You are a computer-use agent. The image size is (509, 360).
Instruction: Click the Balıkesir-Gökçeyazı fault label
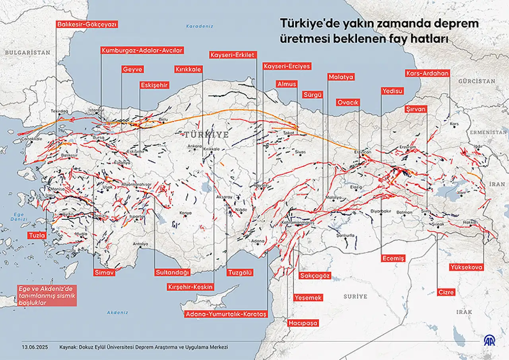(x=87, y=24)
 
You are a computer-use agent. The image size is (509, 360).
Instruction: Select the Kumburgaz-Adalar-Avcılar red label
(x=142, y=50)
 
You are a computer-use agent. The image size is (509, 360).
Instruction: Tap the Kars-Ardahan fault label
(x=427, y=73)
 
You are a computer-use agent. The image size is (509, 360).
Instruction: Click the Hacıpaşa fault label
(x=303, y=323)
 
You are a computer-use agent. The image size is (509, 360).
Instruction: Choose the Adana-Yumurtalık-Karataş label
(x=226, y=314)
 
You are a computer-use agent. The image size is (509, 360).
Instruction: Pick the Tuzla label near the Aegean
(x=37, y=235)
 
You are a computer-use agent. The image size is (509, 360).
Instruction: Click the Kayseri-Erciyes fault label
(x=286, y=66)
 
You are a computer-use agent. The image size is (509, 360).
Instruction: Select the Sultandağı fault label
(x=172, y=272)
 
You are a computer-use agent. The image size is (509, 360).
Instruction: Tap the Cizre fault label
(x=446, y=292)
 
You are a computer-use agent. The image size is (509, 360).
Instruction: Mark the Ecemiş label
(x=393, y=258)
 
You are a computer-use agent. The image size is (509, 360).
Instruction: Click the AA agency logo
(x=489, y=341)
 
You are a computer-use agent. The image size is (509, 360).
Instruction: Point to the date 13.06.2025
(x=35, y=347)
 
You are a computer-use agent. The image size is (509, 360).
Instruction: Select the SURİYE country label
(x=356, y=296)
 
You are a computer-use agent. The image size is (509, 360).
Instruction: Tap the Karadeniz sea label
(x=200, y=26)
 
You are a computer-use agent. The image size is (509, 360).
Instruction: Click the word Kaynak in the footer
(x=68, y=347)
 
